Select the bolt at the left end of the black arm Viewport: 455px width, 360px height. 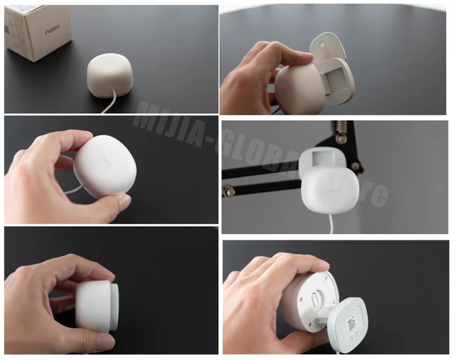point(230,190)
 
